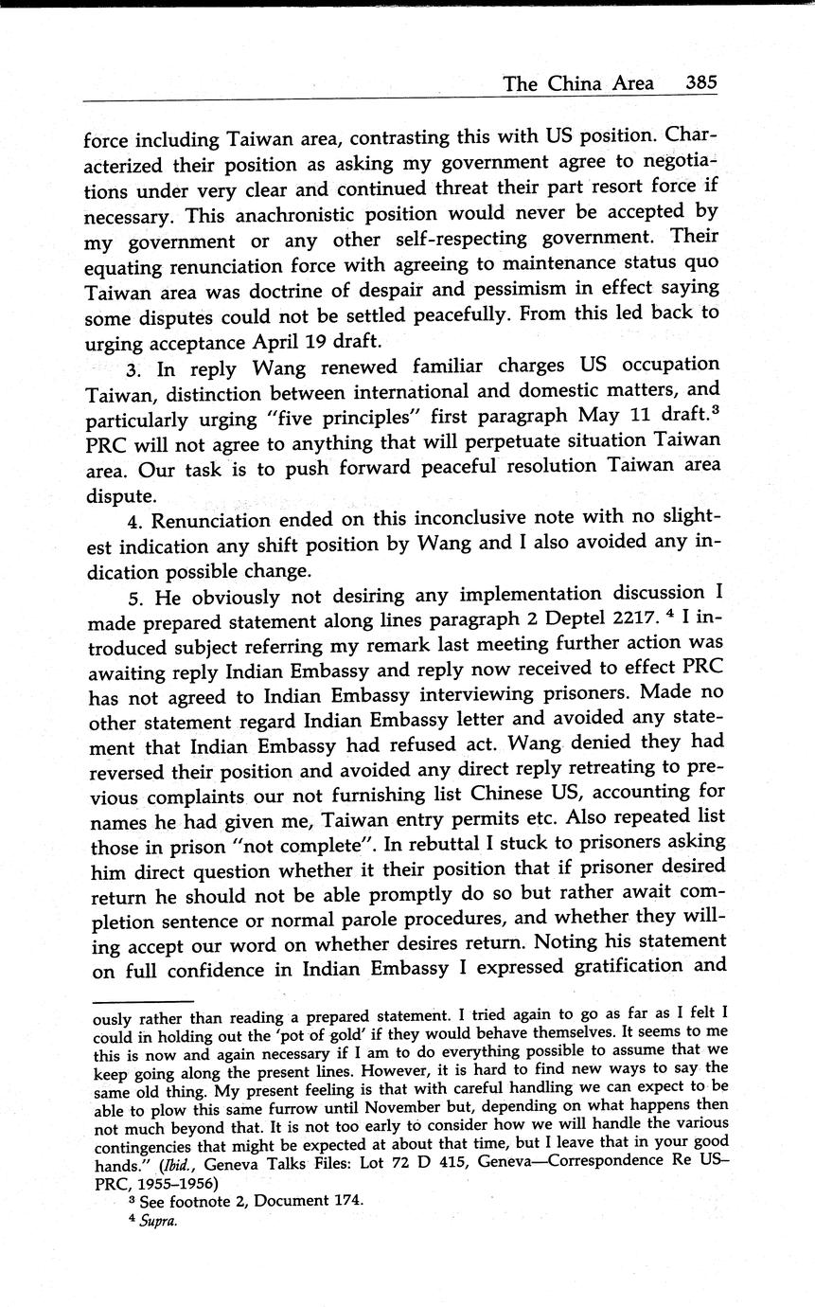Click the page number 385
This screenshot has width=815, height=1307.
[701, 83]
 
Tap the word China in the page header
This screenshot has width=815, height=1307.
[577, 83]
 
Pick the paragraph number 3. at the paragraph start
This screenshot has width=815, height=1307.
[136, 365]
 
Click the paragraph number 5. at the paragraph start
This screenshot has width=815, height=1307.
[136, 595]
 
